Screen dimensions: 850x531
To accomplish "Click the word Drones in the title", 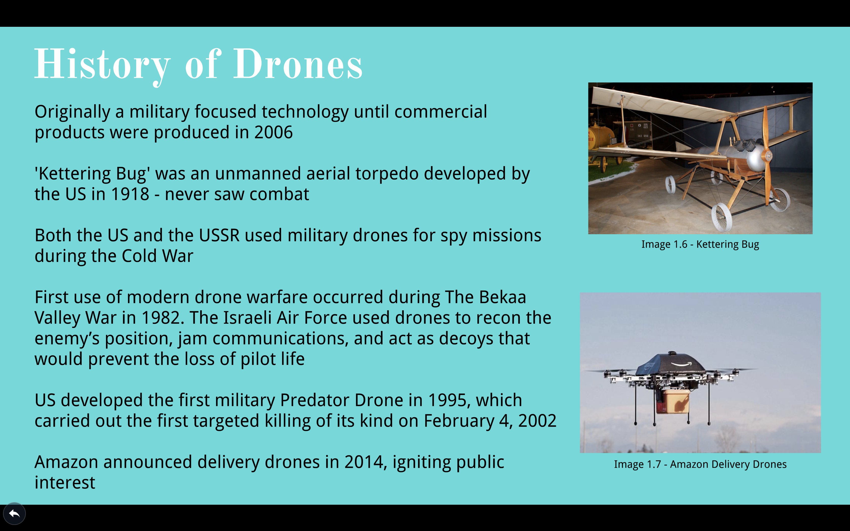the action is pos(298,64).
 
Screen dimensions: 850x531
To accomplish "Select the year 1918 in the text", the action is pos(130,194).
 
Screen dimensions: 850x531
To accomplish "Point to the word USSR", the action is pos(219,235).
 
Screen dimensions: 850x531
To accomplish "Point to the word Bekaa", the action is pos(503,297).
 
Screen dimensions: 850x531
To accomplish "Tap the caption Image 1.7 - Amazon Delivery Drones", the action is pos(700,464).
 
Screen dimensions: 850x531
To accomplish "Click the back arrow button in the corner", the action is pos(14,514).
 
